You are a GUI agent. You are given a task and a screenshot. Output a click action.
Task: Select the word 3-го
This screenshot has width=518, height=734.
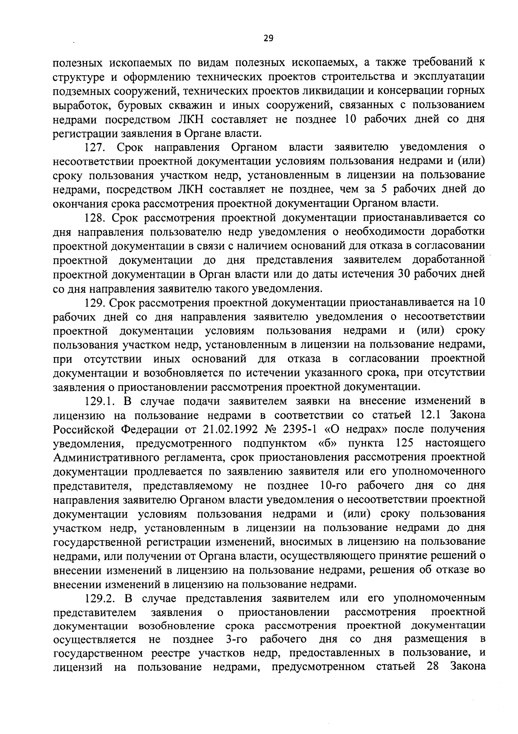pos(238,639)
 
